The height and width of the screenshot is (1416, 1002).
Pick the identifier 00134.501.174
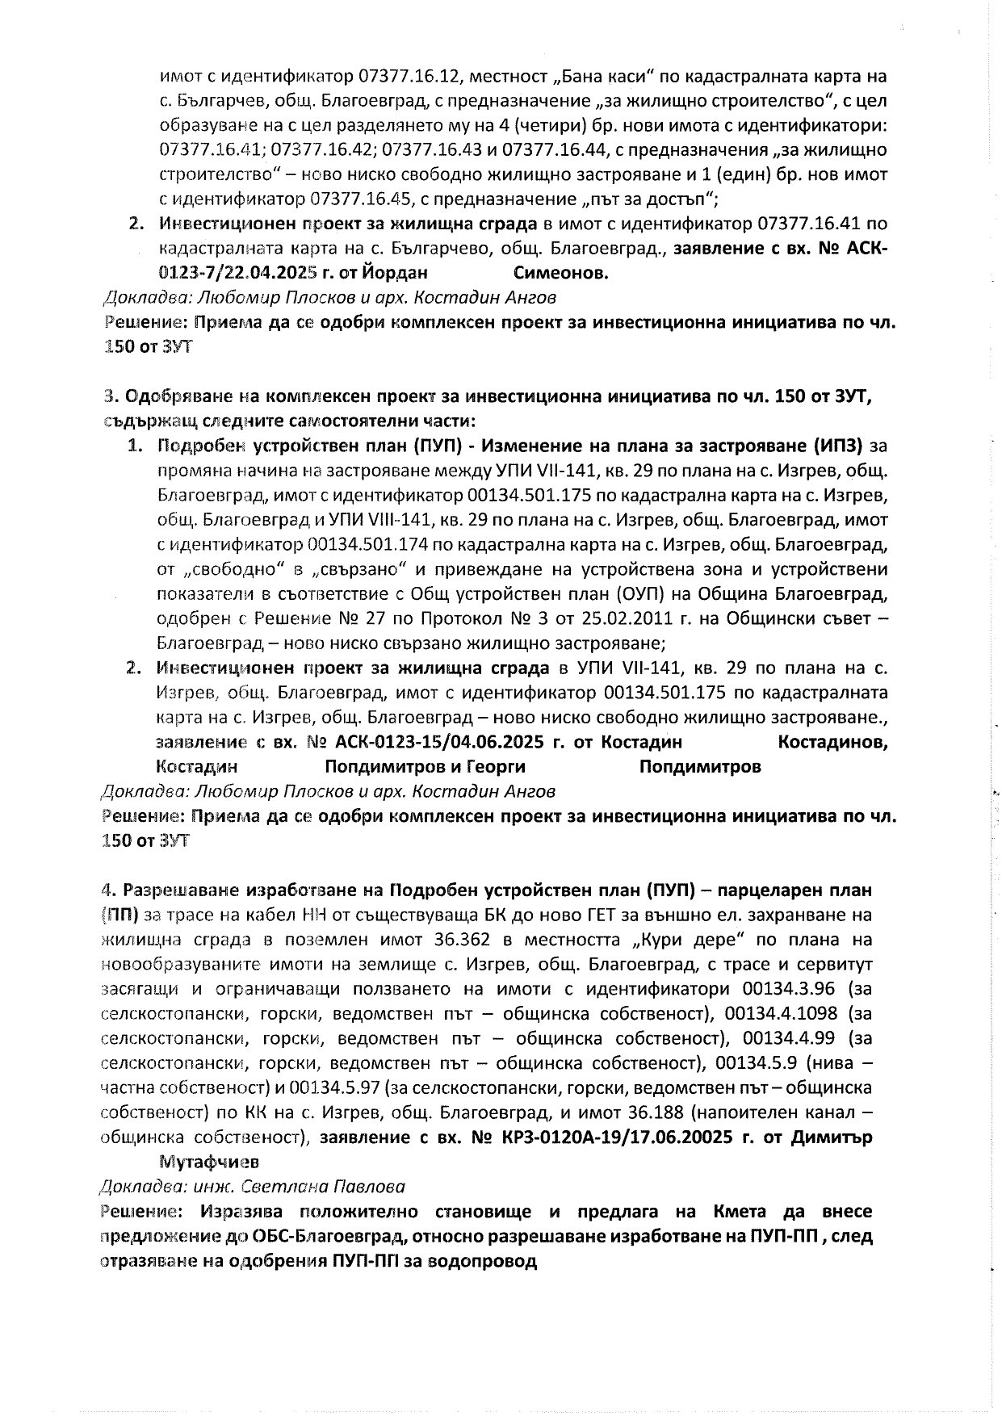tap(374, 544)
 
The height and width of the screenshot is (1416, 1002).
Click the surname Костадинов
tap(832, 742)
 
